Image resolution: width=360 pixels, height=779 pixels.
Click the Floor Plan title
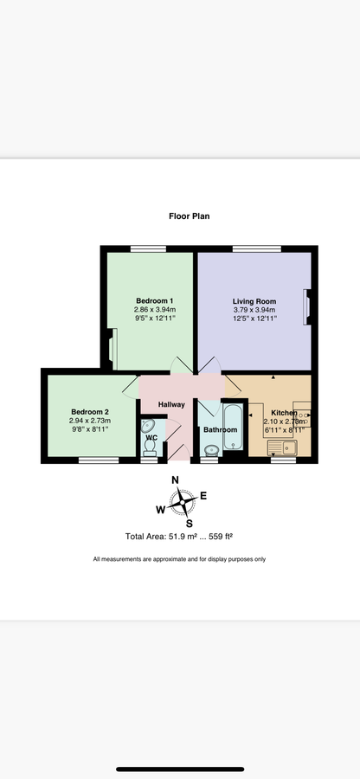[190, 216]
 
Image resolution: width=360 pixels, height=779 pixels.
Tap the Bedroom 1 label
[154, 300]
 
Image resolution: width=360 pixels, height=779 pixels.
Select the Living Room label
[254, 301]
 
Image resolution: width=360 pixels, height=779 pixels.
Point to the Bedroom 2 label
[90, 412]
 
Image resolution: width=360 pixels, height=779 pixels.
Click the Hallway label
[171, 404]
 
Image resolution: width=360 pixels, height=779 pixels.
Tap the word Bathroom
[221, 429]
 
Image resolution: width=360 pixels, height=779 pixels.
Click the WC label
[151, 438]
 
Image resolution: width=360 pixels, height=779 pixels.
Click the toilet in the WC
[149, 447]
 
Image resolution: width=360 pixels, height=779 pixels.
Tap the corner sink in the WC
[147, 426]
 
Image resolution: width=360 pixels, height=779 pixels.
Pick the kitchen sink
[282, 447]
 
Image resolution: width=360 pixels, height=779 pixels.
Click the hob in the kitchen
[302, 418]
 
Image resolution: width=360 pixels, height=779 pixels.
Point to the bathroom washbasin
[212, 450]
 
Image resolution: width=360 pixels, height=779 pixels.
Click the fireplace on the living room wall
[307, 308]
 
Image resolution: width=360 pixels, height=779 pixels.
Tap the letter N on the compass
[175, 480]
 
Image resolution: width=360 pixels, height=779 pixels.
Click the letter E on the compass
[203, 495]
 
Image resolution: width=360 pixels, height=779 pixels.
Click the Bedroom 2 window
[99, 460]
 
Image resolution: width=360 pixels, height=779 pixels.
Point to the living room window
[257, 248]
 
